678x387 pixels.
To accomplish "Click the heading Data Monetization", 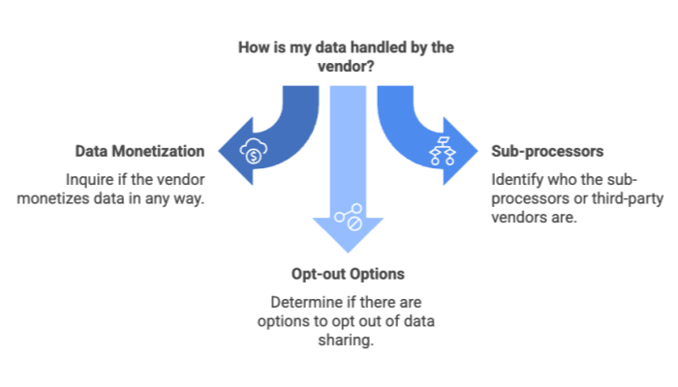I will (139, 152).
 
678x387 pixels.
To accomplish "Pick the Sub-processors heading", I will (548, 152).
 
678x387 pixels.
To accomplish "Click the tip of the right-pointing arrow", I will (478, 152).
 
